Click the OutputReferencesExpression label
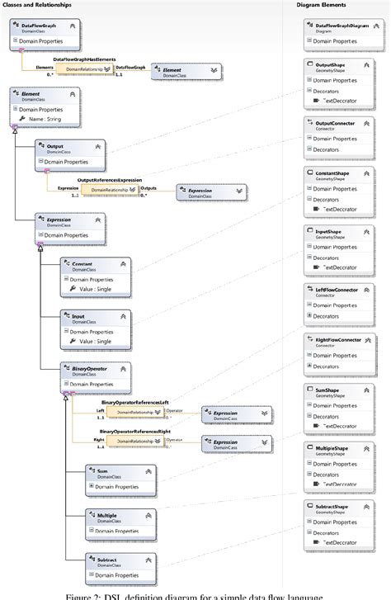coord(110,179)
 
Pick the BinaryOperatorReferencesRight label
coord(137,431)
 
